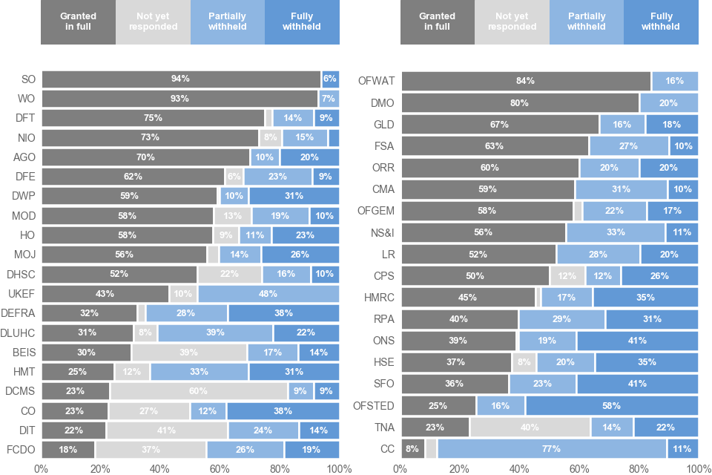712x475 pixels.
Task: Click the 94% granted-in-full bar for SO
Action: coord(181,79)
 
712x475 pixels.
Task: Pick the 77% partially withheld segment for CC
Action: coord(551,448)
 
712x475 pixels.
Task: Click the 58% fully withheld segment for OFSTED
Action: coord(612,405)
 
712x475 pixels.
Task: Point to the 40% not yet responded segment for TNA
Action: coord(530,427)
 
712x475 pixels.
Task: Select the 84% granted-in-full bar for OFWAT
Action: coord(526,81)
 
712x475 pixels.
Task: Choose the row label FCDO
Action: coord(20,449)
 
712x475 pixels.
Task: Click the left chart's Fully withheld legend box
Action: coord(302,22)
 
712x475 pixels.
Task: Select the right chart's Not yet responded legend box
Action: coord(512,22)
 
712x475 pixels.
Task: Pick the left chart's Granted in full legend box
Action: coord(78,22)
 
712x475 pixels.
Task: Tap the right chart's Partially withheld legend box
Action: coord(587,22)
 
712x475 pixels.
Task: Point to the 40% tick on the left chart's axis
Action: coord(160,468)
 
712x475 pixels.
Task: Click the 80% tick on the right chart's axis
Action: coord(639,468)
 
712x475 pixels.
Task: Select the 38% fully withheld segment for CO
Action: coord(283,410)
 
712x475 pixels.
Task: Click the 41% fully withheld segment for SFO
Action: coord(638,384)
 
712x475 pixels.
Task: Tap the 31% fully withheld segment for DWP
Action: coord(294,196)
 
